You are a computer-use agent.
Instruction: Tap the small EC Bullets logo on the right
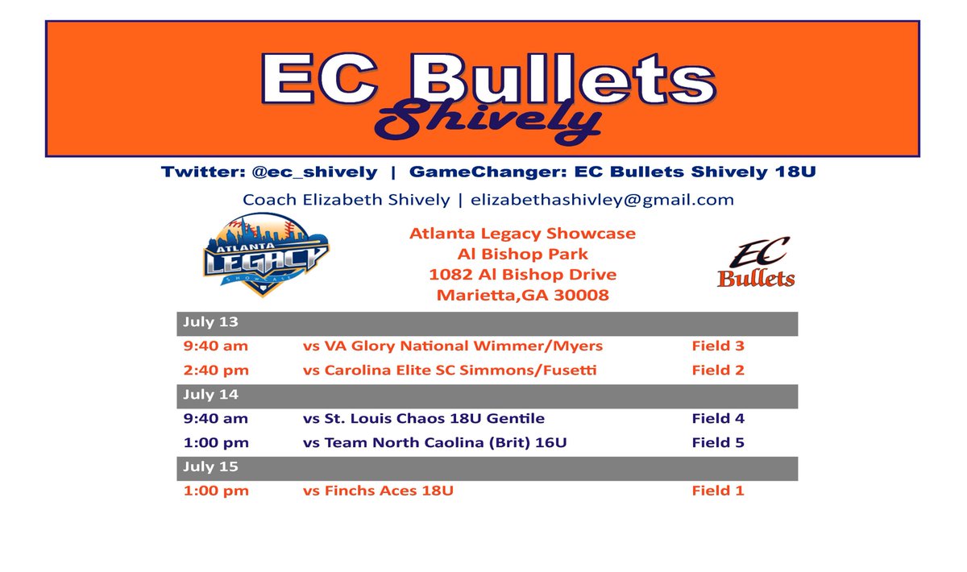click(755, 263)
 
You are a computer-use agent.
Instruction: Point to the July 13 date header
click(210, 323)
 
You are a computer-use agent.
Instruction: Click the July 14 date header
click(210, 396)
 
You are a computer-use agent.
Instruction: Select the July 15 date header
click(210, 467)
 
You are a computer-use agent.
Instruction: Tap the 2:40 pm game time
click(215, 371)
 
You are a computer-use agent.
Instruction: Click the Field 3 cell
click(718, 346)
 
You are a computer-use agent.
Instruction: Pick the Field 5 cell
click(718, 443)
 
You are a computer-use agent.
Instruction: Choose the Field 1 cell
click(718, 491)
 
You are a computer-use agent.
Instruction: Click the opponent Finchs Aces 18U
click(378, 491)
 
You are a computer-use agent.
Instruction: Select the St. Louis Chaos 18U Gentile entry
click(424, 419)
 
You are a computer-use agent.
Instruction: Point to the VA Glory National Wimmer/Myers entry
click(453, 346)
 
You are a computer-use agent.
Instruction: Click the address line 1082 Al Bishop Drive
click(523, 275)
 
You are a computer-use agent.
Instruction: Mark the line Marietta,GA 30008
click(523, 296)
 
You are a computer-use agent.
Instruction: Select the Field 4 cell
click(718, 419)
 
